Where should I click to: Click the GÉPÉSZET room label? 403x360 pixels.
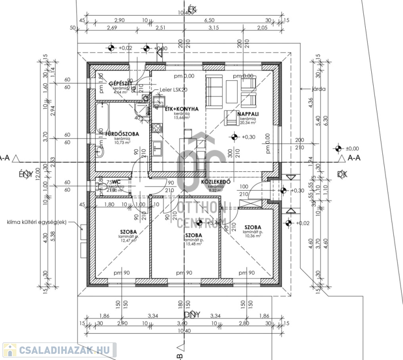point(120,83)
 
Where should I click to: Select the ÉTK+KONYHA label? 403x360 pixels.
point(182,109)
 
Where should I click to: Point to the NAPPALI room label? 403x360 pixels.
point(247,114)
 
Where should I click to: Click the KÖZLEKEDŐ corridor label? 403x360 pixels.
point(216,181)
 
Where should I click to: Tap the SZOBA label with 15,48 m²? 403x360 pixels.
point(193,235)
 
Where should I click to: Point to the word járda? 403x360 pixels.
point(319,89)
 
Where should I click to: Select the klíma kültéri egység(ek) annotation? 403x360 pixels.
point(37,222)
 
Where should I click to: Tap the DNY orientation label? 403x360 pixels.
point(192,314)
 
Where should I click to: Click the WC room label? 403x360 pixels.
point(115,182)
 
